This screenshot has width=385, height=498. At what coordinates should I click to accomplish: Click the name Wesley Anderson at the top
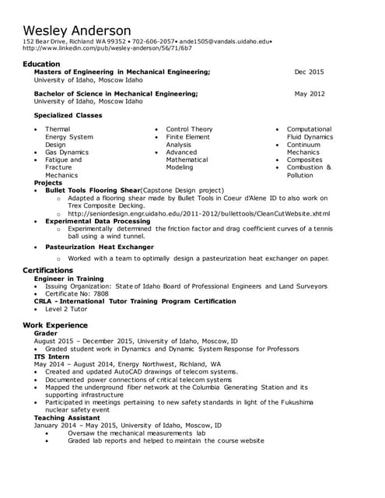point(81,27)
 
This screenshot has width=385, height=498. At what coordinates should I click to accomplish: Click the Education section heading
point(41,64)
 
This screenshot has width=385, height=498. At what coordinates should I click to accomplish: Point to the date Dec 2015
point(309,72)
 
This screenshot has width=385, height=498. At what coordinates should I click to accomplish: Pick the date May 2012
point(310,93)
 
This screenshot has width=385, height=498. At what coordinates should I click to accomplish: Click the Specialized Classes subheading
point(68,115)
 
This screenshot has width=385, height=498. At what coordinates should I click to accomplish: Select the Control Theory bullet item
point(189,129)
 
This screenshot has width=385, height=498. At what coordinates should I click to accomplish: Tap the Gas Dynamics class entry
point(67,153)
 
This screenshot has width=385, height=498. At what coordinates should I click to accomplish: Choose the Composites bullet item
point(304,160)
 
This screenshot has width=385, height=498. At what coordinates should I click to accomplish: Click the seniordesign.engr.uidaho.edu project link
point(198,213)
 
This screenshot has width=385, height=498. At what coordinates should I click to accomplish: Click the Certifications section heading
point(48,270)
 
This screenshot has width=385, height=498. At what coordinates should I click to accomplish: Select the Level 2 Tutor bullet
point(66,309)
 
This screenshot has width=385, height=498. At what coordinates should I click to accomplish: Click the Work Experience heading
point(55,324)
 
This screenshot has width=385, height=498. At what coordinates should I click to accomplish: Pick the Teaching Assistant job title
point(66,418)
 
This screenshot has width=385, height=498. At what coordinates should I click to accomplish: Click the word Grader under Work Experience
point(46,333)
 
